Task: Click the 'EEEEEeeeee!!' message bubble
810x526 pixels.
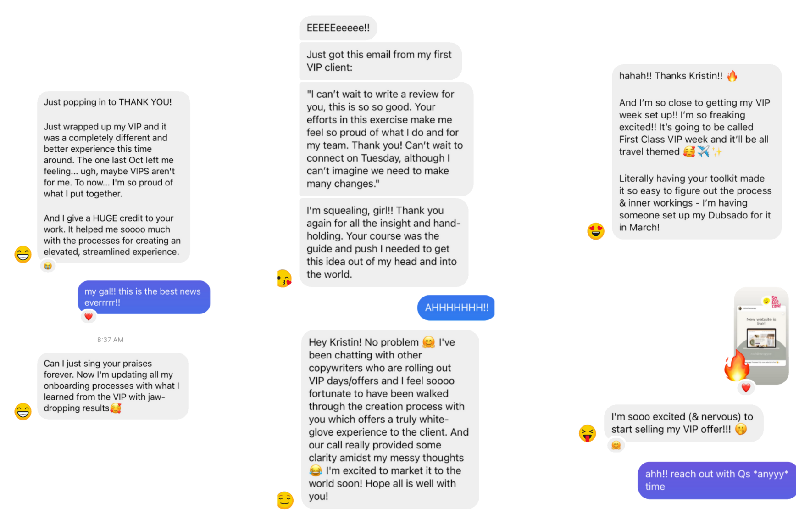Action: (338, 28)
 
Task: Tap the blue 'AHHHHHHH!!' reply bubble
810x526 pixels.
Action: (456, 308)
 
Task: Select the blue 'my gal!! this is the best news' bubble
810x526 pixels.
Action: (143, 297)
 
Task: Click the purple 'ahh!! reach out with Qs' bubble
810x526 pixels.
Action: (716, 480)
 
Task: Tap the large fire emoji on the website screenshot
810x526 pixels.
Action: (736, 366)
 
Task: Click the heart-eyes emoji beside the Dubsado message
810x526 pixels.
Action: (595, 231)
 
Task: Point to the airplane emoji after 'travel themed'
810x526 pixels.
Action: (703, 151)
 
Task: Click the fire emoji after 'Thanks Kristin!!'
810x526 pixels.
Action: (732, 76)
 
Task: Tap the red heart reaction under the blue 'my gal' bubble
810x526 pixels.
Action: (89, 316)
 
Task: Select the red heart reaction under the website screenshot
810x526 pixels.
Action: (746, 388)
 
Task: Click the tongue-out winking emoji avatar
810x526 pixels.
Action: (587, 433)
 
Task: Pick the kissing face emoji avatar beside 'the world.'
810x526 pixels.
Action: (285, 279)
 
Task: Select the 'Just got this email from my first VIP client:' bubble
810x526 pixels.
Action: (379, 61)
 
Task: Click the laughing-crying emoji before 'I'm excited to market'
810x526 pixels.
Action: (315, 470)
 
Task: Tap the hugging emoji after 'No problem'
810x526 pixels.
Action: (428, 342)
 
